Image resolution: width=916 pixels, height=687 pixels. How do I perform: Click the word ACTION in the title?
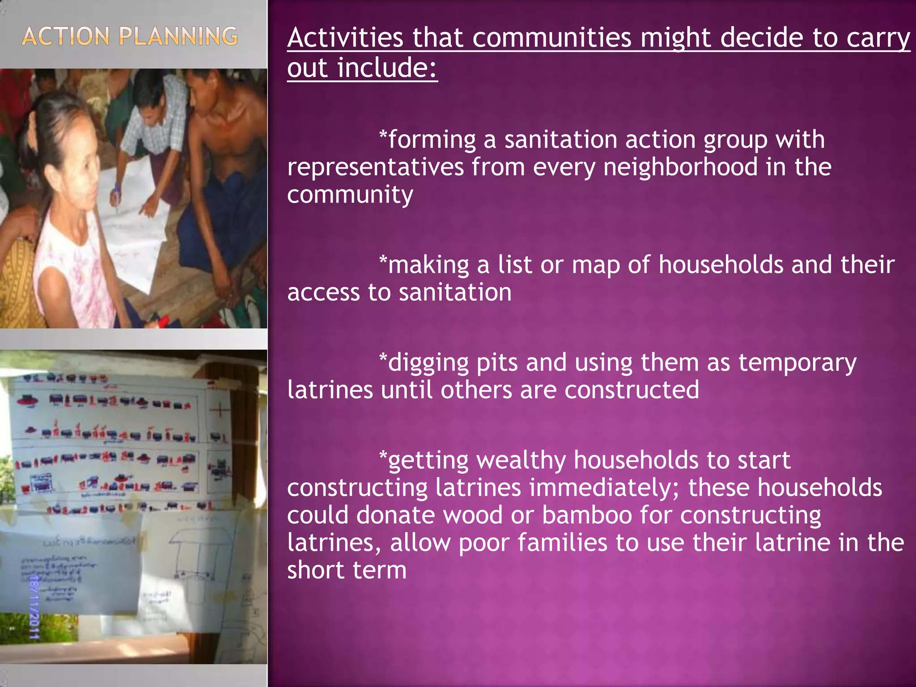[65, 37]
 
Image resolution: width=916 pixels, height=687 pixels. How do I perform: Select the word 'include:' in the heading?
[387, 68]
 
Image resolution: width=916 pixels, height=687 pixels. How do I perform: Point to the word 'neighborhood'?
[680, 167]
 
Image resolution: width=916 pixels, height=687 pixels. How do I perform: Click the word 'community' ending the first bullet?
[350, 195]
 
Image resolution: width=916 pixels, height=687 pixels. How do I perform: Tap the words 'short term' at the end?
[347, 570]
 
